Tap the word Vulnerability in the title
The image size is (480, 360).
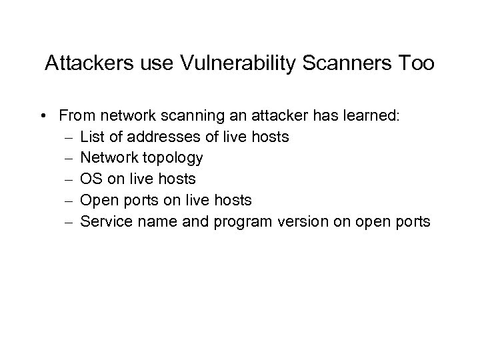[x=221, y=64]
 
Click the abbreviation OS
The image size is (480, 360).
[x=91, y=179]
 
